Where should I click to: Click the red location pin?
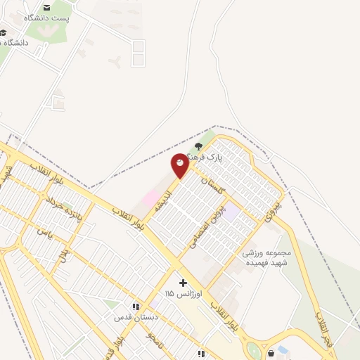(180, 165)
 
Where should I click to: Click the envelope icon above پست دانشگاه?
(46, 6)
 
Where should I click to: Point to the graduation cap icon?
(4, 32)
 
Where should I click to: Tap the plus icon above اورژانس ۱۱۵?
(184, 282)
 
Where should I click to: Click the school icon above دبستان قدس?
(136, 307)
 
